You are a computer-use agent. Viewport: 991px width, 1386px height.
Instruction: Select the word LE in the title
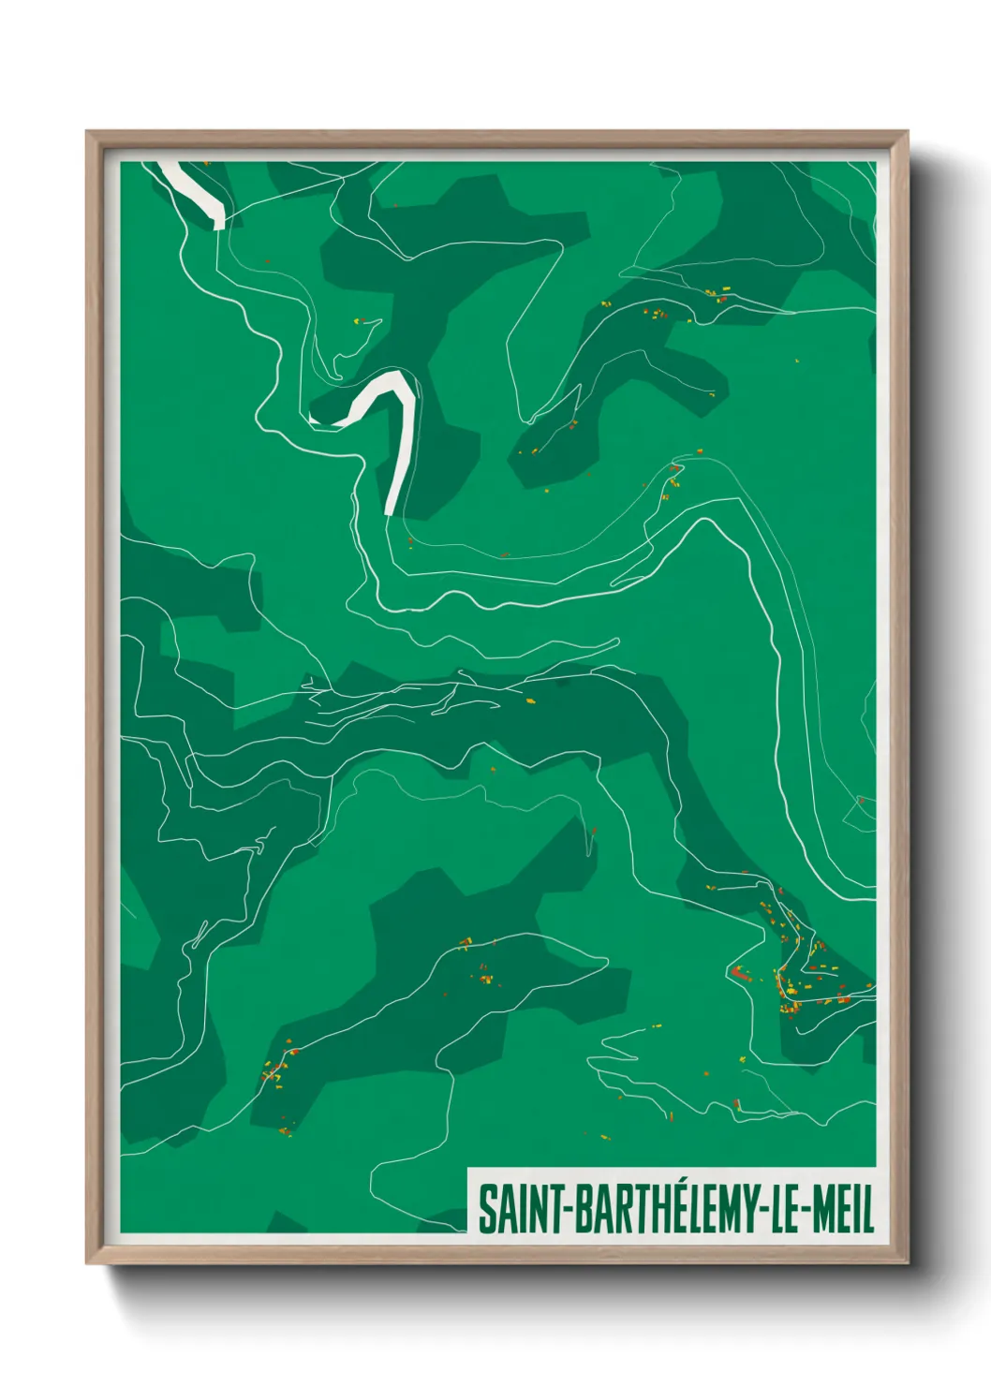pyautogui.click(x=786, y=1209)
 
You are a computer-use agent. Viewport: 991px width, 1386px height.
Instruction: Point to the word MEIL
pyautogui.click(x=843, y=1209)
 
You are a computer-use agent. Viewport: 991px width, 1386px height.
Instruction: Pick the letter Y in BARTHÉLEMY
pyautogui.click(x=750, y=1209)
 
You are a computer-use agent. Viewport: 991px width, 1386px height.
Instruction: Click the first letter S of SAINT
pyautogui.click(x=487, y=1209)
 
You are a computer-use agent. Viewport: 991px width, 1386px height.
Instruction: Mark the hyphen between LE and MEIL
pyautogui.click(x=805, y=1211)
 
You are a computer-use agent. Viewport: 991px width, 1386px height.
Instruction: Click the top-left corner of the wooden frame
pyautogui.click(x=87, y=132)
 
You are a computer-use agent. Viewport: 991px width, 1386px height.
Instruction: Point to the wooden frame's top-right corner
pyautogui.click(x=907, y=132)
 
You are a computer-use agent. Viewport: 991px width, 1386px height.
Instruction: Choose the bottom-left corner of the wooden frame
pyautogui.click(x=87, y=1263)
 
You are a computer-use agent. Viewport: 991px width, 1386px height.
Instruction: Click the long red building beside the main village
pyautogui.click(x=741, y=974)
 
